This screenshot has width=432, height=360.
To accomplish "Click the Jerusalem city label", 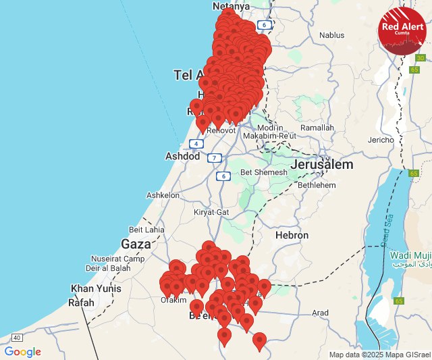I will [322, 165].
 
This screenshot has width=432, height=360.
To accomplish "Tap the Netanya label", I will [231, 6].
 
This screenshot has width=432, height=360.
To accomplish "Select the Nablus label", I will [331, 35].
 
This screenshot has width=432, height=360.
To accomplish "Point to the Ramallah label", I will [317, 128].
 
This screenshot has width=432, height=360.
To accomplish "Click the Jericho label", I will [381, 140].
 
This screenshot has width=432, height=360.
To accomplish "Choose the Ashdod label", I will [183, 156].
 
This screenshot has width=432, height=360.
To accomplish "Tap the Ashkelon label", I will [163, 195].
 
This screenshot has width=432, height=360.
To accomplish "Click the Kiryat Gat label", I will [212, 211].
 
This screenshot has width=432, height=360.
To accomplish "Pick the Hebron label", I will [292, 236].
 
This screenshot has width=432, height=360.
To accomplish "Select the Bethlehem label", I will [317, 184].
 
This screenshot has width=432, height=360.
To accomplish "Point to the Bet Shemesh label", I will [264, 172].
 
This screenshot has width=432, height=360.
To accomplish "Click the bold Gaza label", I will [136, 244].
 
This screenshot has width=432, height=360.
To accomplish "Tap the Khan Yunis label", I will [97, 289].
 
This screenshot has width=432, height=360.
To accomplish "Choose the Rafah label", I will [82, 303].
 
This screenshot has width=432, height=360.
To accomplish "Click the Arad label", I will [320, 313].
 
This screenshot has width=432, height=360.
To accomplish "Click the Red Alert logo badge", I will [402, 30].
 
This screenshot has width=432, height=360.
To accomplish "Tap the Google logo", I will [23, 352].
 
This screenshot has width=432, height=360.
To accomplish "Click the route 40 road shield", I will [17, 337].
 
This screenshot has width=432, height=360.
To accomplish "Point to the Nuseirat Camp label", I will [117, 259].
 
